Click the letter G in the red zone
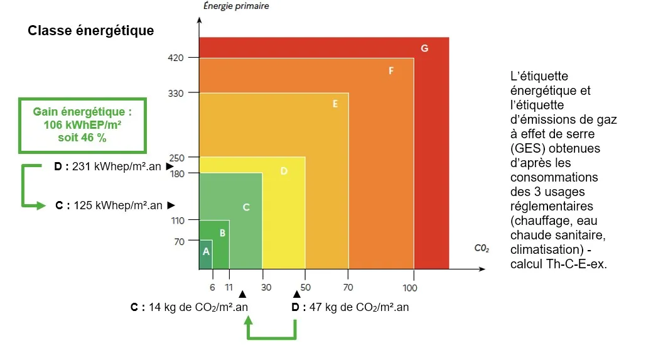coord(425,48)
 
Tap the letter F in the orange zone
coord(390,71)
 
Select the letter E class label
coord(335,104)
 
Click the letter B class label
coord(222,233)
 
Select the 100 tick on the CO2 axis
coord(411,288)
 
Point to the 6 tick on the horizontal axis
coord(212,288)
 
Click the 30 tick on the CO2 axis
coord(266,288)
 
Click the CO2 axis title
coord(482,249)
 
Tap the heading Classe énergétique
coord(90,31)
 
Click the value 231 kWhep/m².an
coord(117,166)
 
